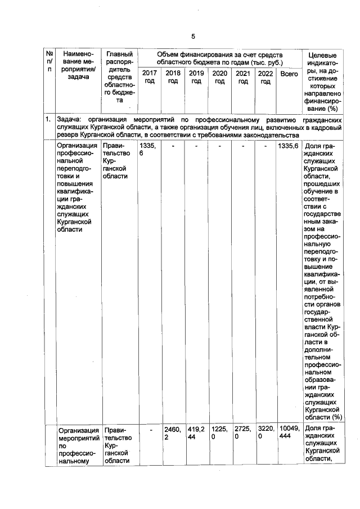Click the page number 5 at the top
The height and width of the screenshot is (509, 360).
pyautogui.click(x=192, y=37)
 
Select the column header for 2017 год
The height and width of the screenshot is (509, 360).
pyautogui.click(x=150, y=78)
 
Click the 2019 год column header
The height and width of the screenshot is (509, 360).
pyautogui.click(x=196, y=78)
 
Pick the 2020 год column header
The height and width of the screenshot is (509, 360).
pyautogui.click(x=220, y=78)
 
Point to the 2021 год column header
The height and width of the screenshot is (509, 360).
pyautogui.click(x=243, y=78)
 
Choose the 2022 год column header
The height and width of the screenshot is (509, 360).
pyautogui.click(x=265, y=78)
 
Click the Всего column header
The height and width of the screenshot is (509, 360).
pyautogui.click(x=289, y=74)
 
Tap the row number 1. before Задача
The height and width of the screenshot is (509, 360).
pyautogui.click(x=49, y=120)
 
